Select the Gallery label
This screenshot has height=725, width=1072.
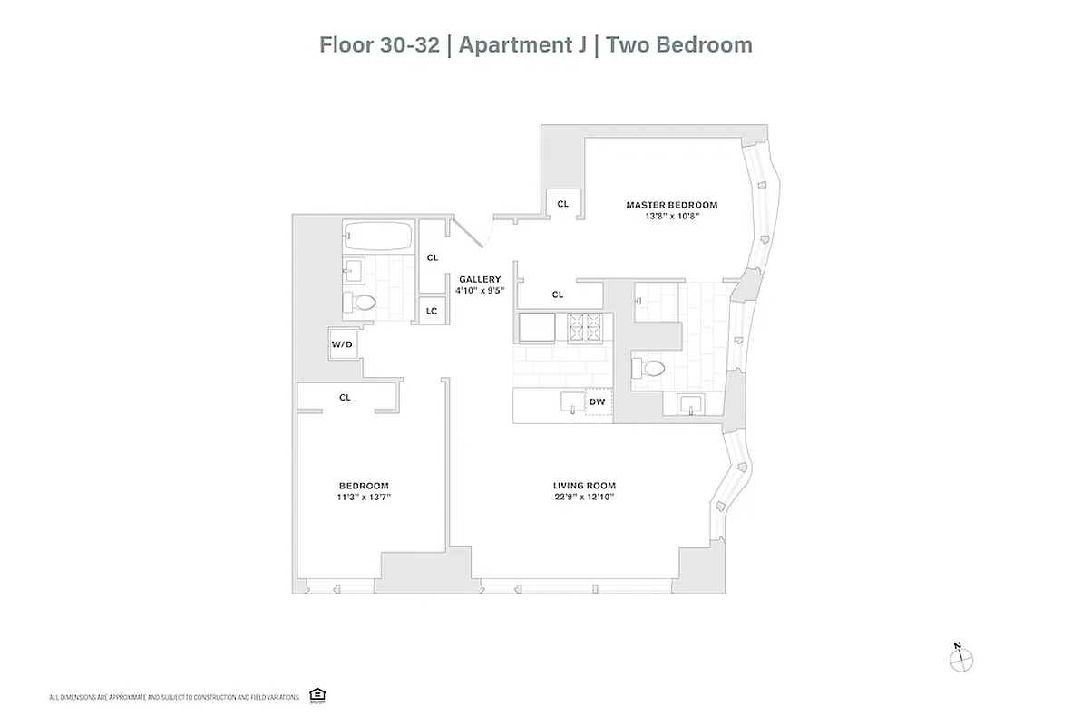pyautogui.click(x=480, y=279)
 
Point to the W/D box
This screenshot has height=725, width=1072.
pyautogui.click(x=342, y=344)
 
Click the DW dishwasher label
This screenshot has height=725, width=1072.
pyautogui.click(x=597, y=401)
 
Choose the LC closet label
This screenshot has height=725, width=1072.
pyautogui.click(x=432, y=311)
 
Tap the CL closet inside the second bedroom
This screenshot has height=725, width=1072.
pyautogui.click(x=345, y=397)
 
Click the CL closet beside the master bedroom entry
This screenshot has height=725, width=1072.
pyautogui.click(x=562, y=204)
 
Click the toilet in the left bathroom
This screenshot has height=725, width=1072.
pyautogui.click(x=361, y=303)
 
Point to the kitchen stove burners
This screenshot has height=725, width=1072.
pyautogui.click(x=584, y=326)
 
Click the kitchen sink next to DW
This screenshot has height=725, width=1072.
pyautogui.click(x=572, y=401)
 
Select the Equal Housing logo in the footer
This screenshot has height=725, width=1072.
pyautogui.click(x=317, y=695)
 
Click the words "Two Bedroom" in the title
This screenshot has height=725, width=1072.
pyautogui.click(x=679, y=44)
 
